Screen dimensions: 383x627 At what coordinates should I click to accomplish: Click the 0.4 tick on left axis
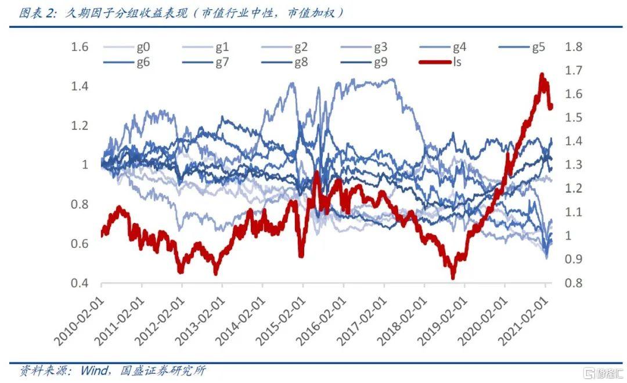point(80,283)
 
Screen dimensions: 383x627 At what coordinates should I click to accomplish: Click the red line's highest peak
point(542,75)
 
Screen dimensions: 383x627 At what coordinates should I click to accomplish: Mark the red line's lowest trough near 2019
point(453,277)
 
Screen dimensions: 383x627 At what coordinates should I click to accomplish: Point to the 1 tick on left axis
point(84,165)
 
